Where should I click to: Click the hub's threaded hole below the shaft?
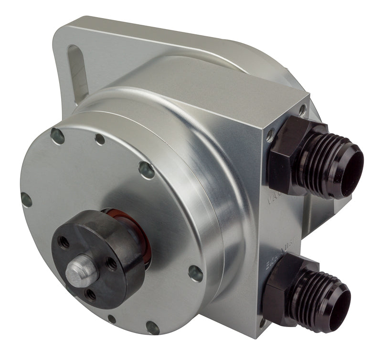[x=90, y=294]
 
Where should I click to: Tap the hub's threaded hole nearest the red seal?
[x=111, y=262]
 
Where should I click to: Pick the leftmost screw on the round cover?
[x=27, y=200]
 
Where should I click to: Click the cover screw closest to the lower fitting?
[x=196, y=273]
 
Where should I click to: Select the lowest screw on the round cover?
[x=152, y=328]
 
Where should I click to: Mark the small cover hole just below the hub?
[x=111, y=319]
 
